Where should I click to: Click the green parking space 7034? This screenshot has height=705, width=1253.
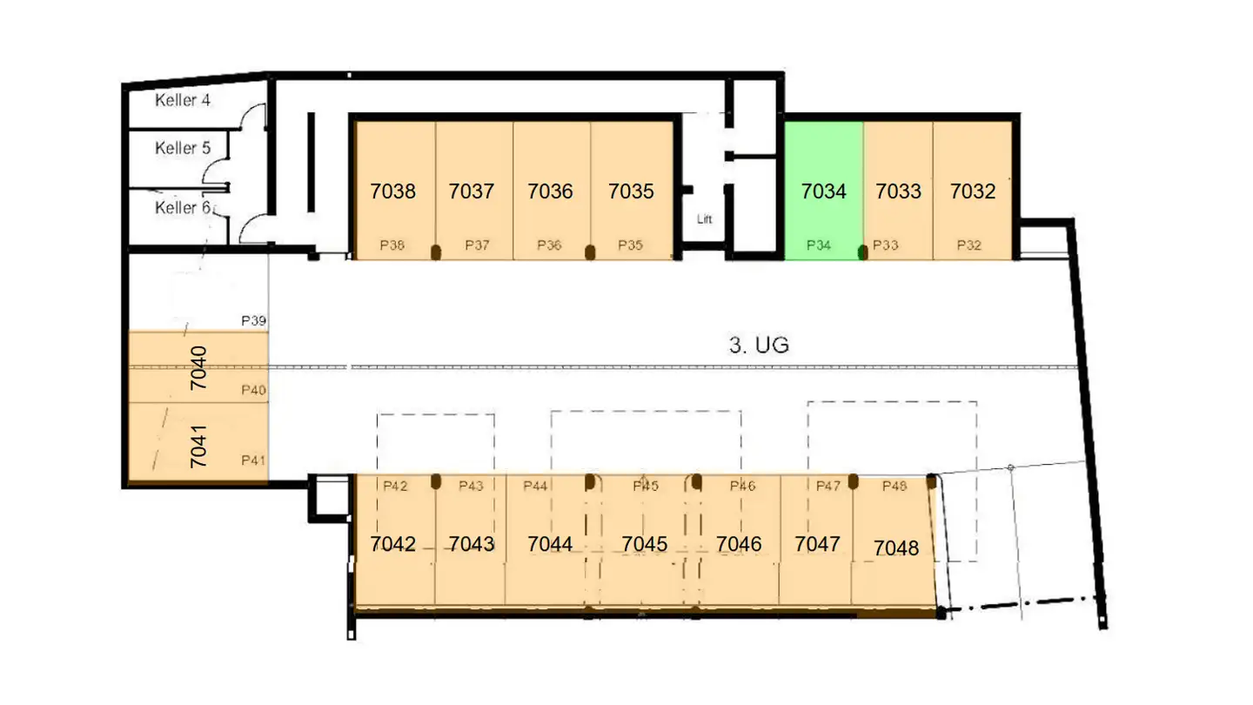tap(823, 191)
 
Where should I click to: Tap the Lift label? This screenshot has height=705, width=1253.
tap(704, 218)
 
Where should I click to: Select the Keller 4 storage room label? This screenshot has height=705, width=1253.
tap(183, 100)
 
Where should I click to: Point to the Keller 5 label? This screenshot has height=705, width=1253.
tap(183, 148)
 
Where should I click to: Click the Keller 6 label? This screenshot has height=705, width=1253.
tap(183, 207)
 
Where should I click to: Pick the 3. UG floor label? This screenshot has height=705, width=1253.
tap(759, 345)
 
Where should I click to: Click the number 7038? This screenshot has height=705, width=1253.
tap(392, 191)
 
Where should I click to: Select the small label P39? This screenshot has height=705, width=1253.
tap(253, 320)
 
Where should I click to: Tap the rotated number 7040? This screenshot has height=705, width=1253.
tap(198, 367)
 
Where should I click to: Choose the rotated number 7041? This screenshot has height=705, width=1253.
tap(198, 446)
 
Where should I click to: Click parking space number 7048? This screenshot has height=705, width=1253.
tap(896, 547)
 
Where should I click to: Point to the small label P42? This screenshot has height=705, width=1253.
tap(395, 486)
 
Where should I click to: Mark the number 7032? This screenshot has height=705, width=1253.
tap(973, 191)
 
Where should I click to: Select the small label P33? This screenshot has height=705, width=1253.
tap(886, 245)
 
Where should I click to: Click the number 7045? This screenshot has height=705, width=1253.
tap(645, 544)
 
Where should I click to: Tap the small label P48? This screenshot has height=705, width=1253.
tap(895, 486)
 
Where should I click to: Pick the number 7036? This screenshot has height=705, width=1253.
tap(550, 191)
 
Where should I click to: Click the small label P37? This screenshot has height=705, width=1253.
tap(477, 245)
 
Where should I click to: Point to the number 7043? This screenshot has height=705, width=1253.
tap(472, 544)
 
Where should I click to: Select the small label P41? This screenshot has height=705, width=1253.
tap(253, 460)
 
